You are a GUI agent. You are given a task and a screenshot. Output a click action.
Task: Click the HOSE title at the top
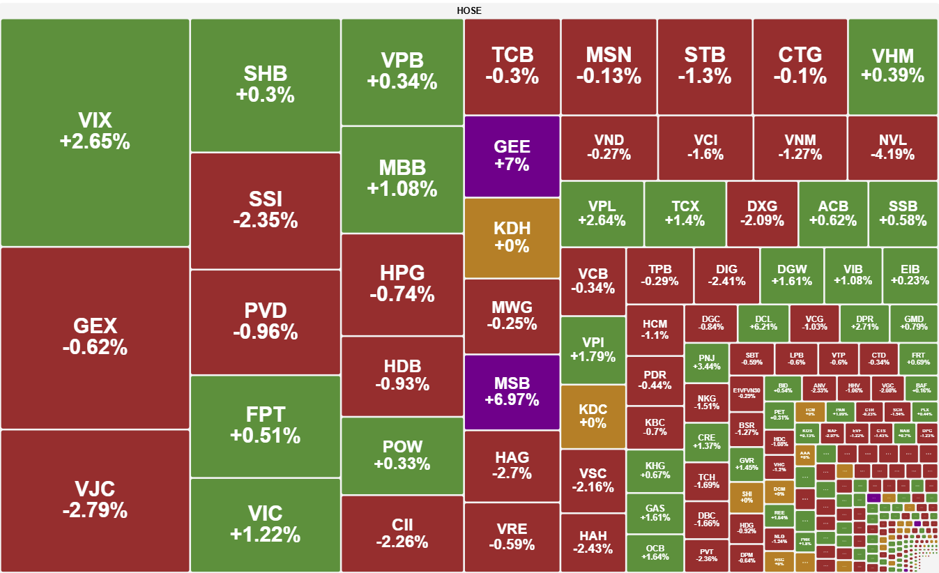pos(469,10)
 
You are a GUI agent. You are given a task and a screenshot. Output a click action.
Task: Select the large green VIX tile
pos(95,132)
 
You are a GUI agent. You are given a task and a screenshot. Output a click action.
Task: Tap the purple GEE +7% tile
pos(512,156)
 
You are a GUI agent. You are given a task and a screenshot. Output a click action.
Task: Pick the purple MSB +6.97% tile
pos(512,392)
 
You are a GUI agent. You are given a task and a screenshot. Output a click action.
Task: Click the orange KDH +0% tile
pos(512,237)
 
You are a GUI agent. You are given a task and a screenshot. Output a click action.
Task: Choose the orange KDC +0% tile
pos(593,416)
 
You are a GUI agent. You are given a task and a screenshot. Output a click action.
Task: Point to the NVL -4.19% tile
pos(892,148)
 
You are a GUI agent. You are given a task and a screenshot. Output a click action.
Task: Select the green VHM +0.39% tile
pos(892,66)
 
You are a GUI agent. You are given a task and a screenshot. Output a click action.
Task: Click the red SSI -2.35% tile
pos(265,211)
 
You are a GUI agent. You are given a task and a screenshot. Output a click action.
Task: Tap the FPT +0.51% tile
pos(265,425)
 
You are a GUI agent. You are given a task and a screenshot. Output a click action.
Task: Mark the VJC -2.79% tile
pos(95,500)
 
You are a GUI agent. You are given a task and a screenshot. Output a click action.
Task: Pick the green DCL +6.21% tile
pos(763,322)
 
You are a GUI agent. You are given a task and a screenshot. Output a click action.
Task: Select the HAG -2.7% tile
pos(512,465)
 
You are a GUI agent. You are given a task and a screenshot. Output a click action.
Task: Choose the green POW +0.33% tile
pos(402,455)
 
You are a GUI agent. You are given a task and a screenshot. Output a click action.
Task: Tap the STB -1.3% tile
pos(705,66)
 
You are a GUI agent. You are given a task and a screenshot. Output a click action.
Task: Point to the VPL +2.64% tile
pos(602,213)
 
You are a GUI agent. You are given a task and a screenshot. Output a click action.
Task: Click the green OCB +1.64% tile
pos(655,553)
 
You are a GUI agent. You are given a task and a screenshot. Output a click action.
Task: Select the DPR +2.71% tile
pos(864,322)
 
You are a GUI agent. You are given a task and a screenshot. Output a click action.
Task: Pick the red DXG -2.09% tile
pos(762,213)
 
